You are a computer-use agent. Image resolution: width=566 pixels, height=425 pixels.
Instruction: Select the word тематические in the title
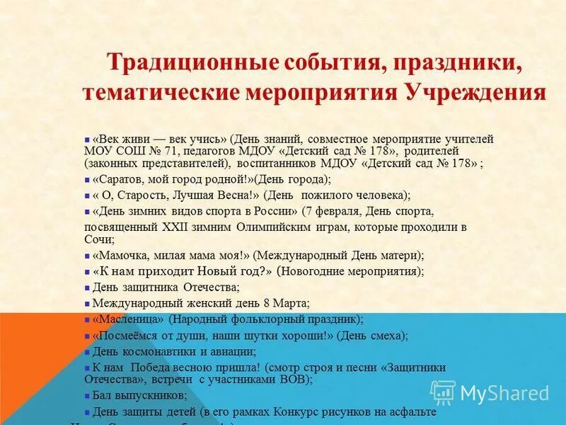[x=151, y=93]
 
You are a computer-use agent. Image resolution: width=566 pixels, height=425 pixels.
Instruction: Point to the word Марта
[x=291, y=303]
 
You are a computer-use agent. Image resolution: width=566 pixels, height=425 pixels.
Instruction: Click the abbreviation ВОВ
[x=297, y=380]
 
